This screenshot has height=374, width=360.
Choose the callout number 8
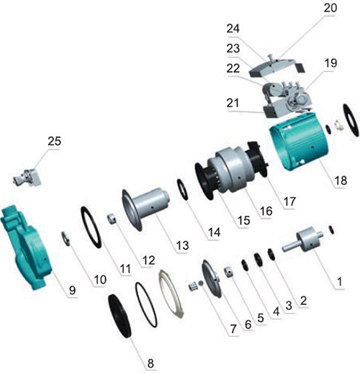click(150, 363)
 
